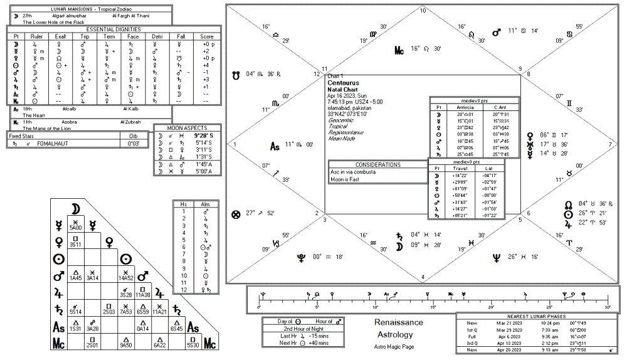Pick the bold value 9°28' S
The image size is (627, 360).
pyautogui.click(x=204, y=135)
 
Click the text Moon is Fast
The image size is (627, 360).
pyautogui.click(x=345, y=179)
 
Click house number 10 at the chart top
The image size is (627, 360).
pyautogui.click(x=423, y=11)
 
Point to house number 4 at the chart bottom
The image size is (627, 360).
pyautogui.click(x=423, y=277)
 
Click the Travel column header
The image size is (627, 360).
pyautogui.click(x=461, y=167)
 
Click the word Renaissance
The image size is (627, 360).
pyautogui.click(x=399, y=322)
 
